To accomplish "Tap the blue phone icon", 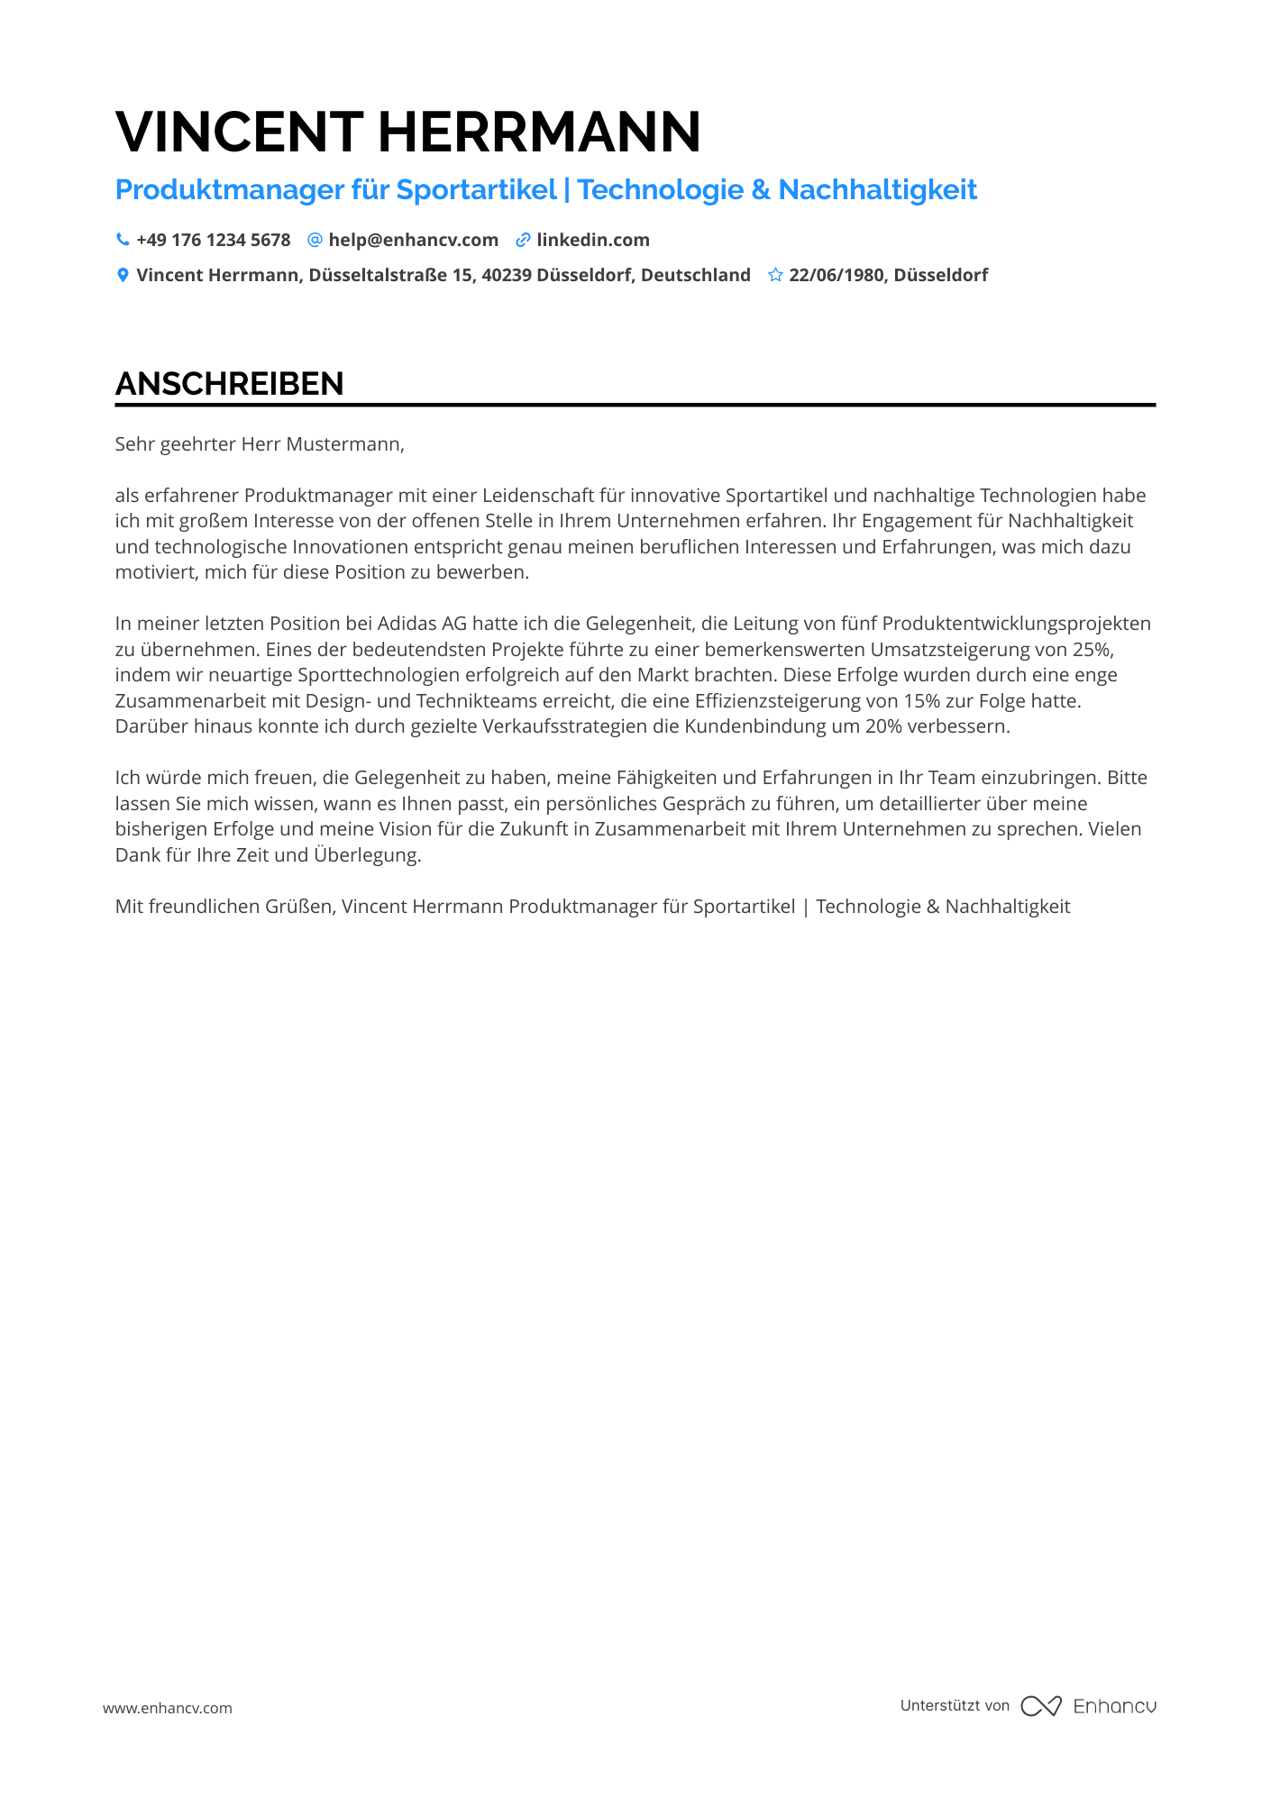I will [123, 240].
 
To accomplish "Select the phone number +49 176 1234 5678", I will [214, 240].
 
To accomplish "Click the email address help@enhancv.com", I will [413, 240].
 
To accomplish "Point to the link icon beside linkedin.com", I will [523, 240].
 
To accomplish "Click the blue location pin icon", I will [123, 275].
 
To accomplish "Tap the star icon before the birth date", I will [775, 275].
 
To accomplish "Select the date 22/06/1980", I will [837, 275].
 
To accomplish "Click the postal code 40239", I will [506, 275].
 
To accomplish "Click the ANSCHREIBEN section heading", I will [229, 384].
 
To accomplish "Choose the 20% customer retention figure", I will [883, 726].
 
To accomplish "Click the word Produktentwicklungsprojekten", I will [1016, 624].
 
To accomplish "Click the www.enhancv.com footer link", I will [168, 1708].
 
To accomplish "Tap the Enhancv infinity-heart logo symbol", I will [1041, 1706].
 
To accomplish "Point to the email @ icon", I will [315, 240].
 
